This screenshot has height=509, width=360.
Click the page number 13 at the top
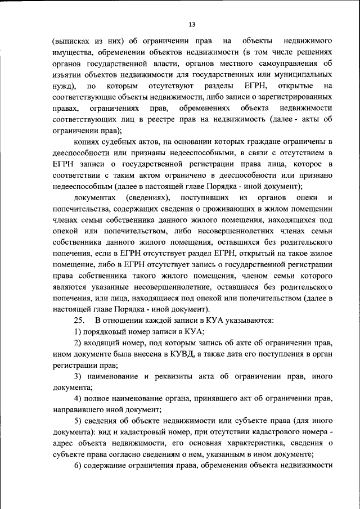[191, 24]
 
